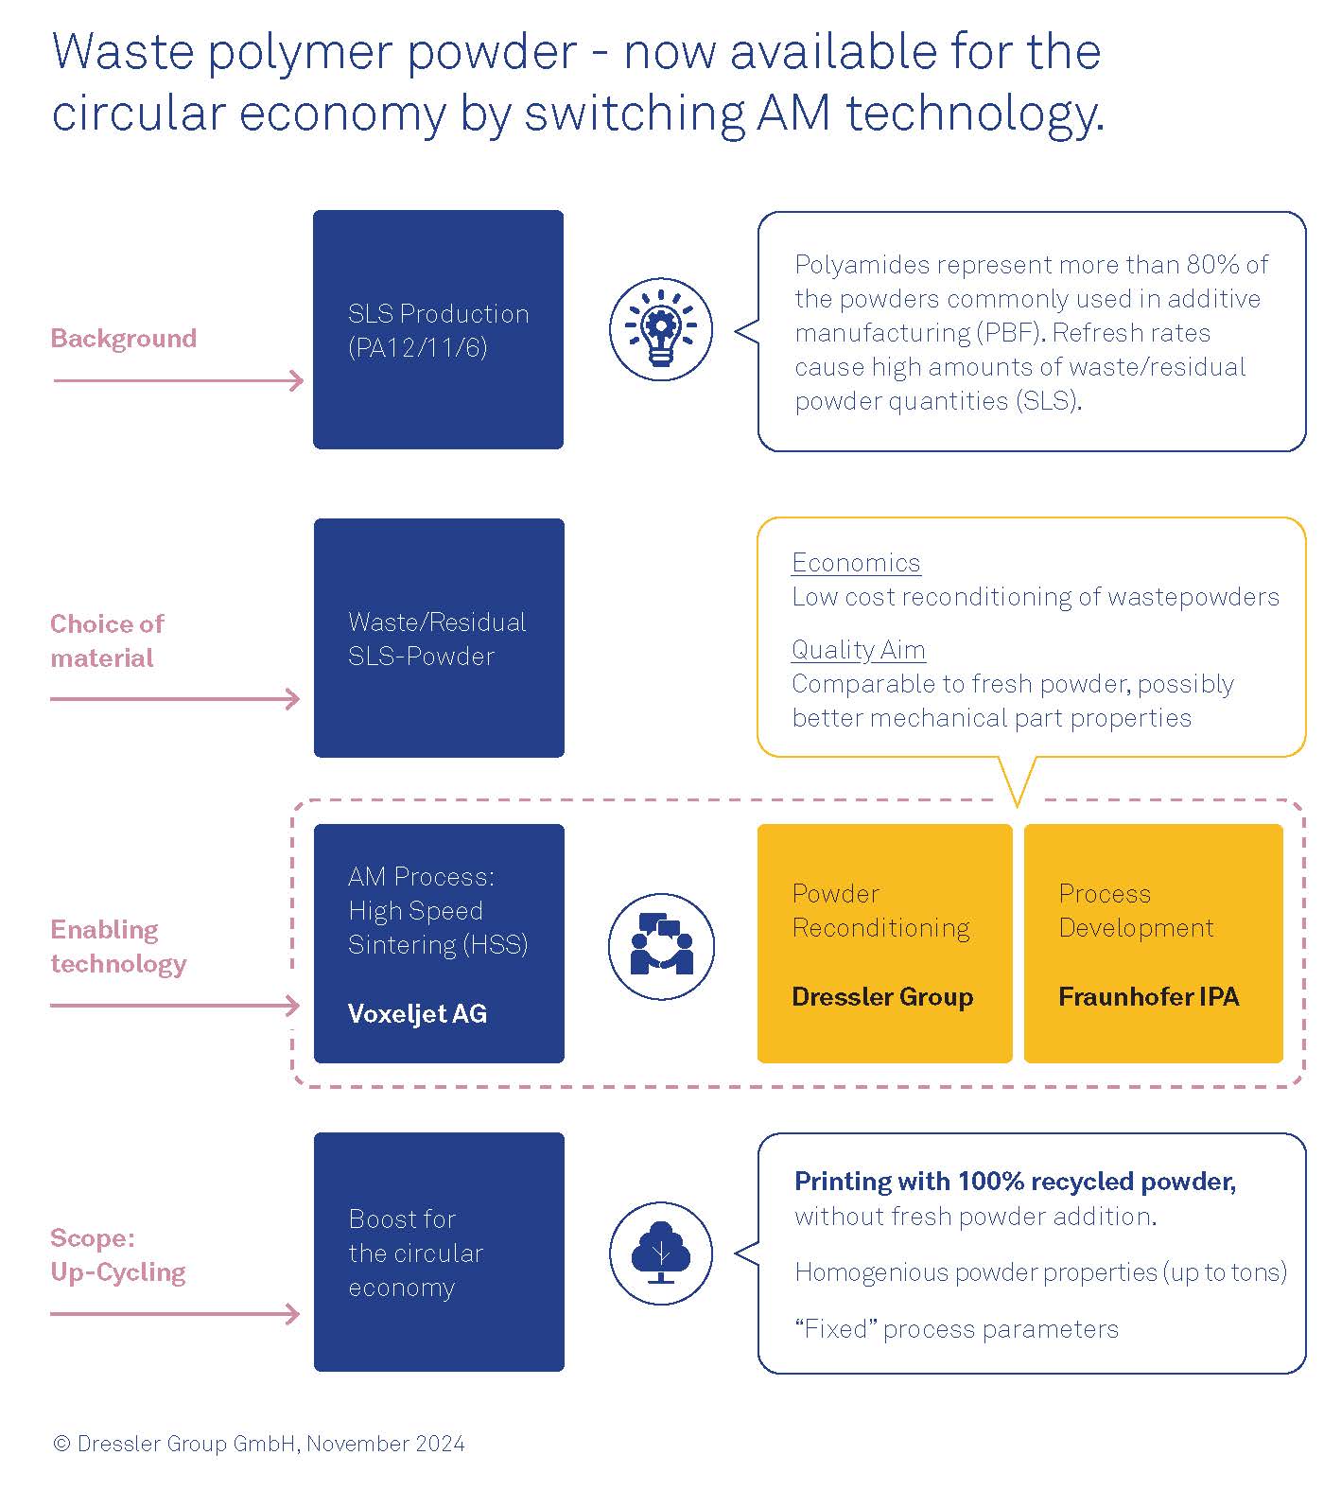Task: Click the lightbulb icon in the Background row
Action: (660, 330)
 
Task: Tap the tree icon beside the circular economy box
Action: (660, 1253)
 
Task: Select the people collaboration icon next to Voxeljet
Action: (661, 946)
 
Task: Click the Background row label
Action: (124, 339)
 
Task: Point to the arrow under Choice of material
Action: (175, 699)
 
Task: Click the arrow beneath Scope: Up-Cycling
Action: (175, 1314)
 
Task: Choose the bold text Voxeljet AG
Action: (417, 1014)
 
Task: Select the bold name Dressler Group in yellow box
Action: (882, 997)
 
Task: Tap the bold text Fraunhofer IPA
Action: (1148, 997)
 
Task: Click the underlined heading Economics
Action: (856, 563)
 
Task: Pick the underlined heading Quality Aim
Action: (858, 650)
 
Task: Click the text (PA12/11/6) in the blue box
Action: (417, 348)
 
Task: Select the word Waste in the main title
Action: (125, 52)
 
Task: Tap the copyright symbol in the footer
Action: (62, 1444)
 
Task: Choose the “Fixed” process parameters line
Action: (956, 1329)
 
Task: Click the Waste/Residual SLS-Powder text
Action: (437, 639)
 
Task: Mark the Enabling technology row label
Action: (118, 946)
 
